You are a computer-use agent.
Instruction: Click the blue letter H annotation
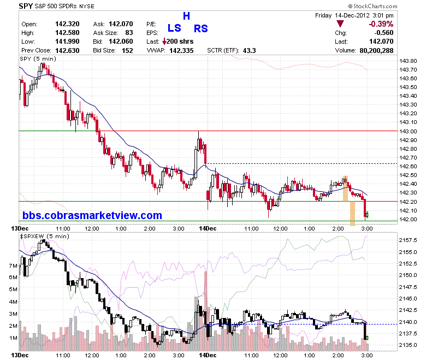pos(186,16)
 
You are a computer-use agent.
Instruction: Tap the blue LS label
pos(174,28)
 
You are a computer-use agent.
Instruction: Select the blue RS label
pos(201,28)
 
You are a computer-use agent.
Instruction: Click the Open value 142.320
pos(67,24)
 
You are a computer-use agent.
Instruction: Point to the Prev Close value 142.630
pos(67,51)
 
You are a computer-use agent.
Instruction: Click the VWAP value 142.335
pos(181,51)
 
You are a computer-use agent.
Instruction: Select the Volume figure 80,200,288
pos(376,51)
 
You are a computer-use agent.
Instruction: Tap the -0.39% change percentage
pos(381,24)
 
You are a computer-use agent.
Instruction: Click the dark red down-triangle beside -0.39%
pos(340,23)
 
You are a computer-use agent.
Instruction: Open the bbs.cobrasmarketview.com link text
pos(92,215)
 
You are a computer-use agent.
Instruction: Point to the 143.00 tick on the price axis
pos(408,131)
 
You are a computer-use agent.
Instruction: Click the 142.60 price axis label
pos(408,166)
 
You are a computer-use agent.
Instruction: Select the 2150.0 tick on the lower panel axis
pos(408,275)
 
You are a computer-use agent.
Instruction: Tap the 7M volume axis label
pos(13,265)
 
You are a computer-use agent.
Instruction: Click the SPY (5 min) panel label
pos(38,58)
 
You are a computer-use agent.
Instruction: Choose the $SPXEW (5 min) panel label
pos(44,237)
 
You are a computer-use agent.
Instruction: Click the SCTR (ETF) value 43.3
pos(249,51)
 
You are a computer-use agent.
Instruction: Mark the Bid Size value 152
pos(127,51)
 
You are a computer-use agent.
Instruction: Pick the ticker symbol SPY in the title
pos(26,6)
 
